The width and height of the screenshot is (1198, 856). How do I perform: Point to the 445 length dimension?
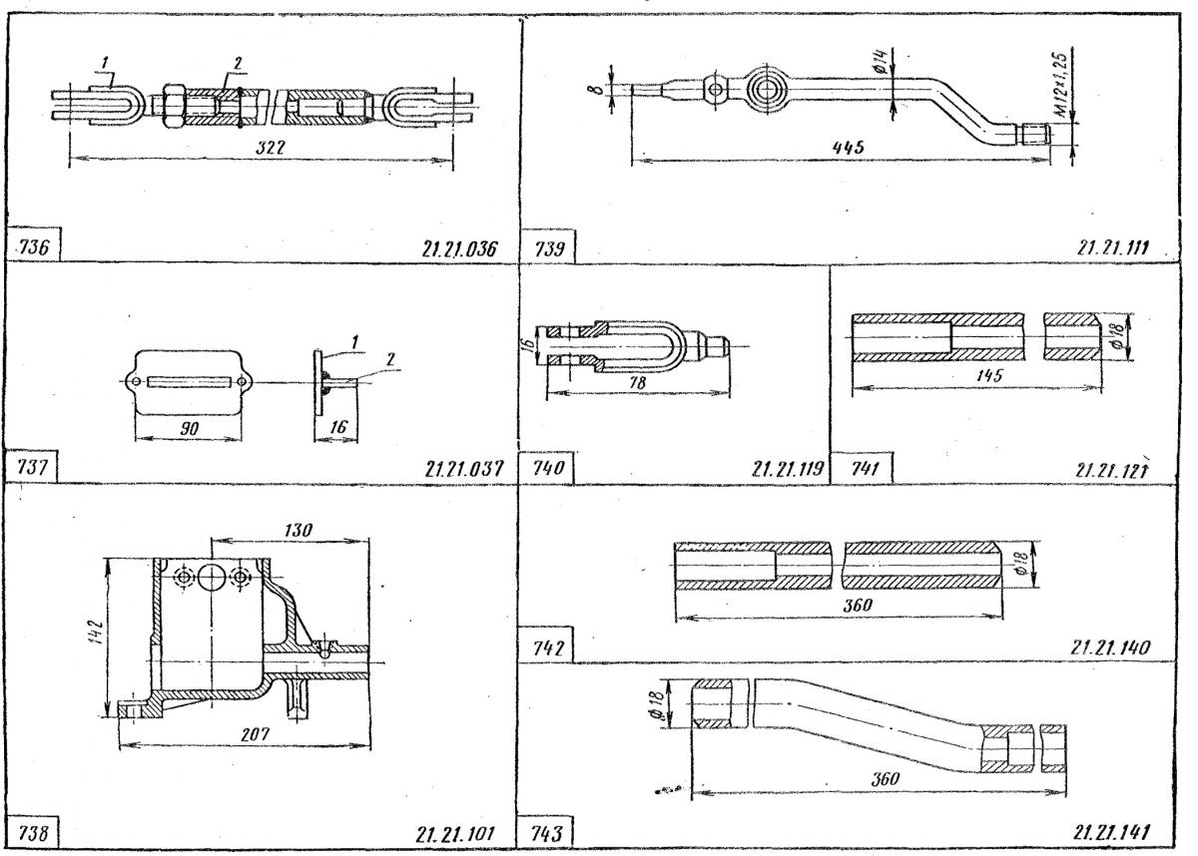851,146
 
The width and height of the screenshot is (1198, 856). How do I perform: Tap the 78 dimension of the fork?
635,381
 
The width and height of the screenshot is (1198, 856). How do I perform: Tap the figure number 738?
37,831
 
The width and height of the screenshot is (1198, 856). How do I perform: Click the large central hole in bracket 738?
214,577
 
